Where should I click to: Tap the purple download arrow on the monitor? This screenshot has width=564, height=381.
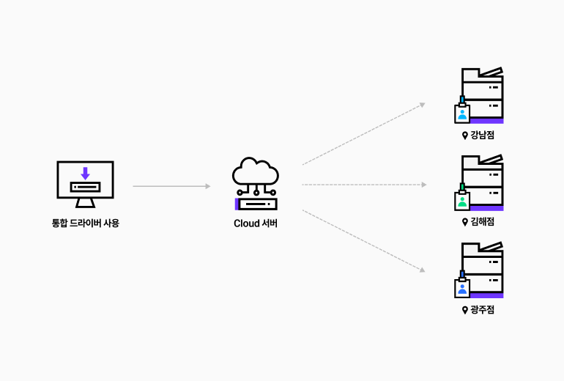click(85, 173)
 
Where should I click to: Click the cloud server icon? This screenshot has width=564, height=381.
click(256, 184)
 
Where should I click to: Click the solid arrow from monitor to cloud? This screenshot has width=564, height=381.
click(171, 186)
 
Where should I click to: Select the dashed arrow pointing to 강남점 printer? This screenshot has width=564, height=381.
click(363, 134)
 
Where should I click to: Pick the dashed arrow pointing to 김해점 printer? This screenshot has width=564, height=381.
click(363, 185)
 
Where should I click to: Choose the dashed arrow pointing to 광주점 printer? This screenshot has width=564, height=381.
click(363, 240)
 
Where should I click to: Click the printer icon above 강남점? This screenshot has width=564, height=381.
click(482, 95)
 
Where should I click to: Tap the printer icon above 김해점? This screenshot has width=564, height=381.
click(482, 182)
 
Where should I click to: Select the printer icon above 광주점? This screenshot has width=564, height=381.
click(482, 270)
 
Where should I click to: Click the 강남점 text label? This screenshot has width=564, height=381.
click(483, 135)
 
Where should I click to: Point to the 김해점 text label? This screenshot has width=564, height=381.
click(483, 222)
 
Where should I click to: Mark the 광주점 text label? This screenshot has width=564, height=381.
click(483, 310)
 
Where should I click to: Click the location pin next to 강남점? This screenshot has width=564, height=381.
click(464, 135)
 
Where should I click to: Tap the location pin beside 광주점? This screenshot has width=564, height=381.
click(464, 310)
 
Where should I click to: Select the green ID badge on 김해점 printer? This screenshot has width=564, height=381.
click(462, 200)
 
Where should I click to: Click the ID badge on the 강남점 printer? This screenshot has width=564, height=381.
click(462, 113)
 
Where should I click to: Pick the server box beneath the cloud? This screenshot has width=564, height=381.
click(256, 204)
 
